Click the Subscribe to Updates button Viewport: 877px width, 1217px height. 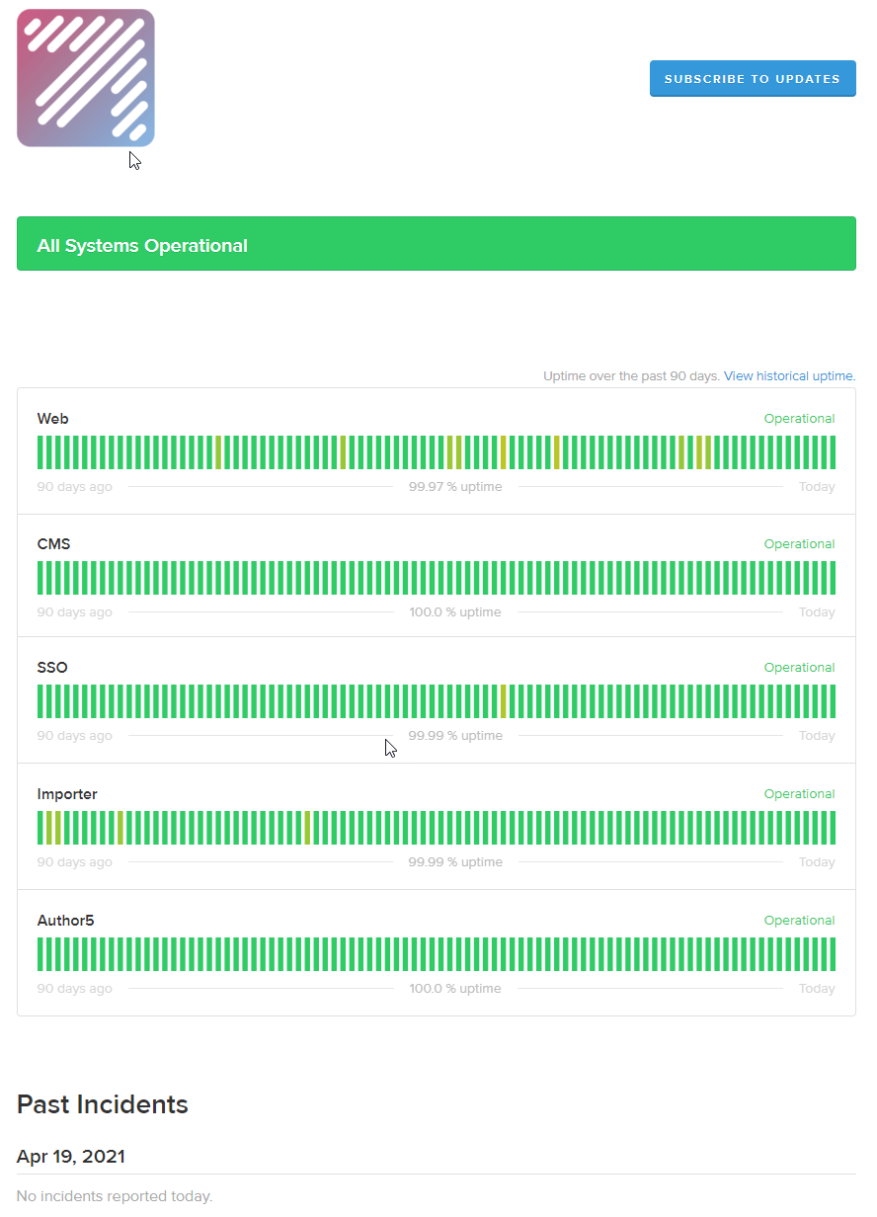[x=752, y=79]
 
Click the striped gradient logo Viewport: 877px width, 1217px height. [x=86, y=78]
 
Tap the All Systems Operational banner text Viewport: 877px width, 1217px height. [x=142, y=246]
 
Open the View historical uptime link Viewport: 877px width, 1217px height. [x=788, y=376]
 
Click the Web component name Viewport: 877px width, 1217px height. [x=53, y=419]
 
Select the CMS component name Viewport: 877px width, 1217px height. [x=54, y=544]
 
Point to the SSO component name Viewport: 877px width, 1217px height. [x=52, y=668]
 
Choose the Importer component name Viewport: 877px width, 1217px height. [x=67, y=794]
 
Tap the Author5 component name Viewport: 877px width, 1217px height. [x=66, y=921]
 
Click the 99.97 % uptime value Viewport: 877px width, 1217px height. [x=455, y=487]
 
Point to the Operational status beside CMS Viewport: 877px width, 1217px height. [x=799, y=544]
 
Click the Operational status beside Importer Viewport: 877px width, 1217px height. [x=799, y=794]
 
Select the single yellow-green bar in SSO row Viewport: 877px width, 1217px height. [x=504, y=701]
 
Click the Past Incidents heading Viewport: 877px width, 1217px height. [x=103, y=1104]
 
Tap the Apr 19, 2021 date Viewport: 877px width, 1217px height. [x=71, y=1157]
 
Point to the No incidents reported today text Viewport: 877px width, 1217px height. [x=115, y=1196]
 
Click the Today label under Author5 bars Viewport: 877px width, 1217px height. [x=817, y=989]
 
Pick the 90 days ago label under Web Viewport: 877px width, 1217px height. [x=75, y=487]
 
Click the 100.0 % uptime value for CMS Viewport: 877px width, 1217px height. [x=455, y=612]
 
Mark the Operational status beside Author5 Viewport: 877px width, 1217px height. [x=799, y=921]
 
